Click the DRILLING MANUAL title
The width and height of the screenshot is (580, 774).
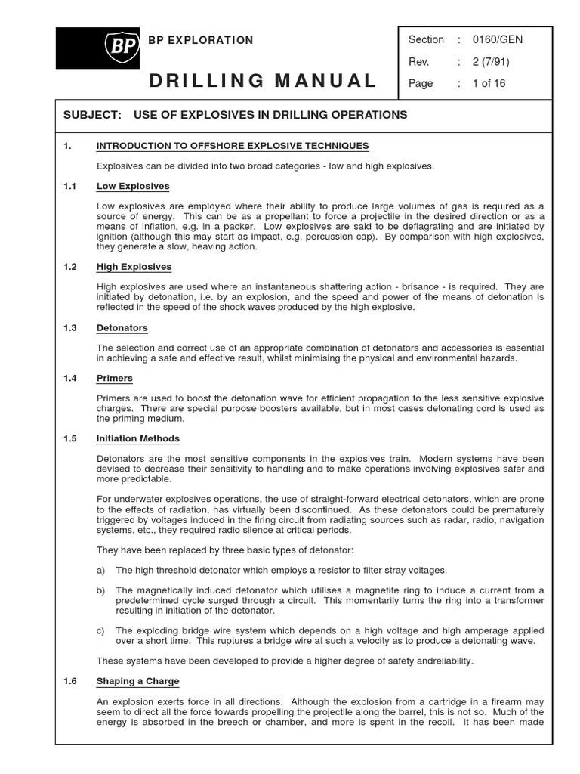click(263, 81)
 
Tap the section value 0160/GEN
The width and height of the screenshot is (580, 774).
click(497, 40)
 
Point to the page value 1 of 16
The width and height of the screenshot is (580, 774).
click(489, 84)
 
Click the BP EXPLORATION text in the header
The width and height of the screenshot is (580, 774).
click(200, 40)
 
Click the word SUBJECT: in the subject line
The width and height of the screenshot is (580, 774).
click(92, 115)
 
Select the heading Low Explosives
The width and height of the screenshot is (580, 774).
click(133, 186)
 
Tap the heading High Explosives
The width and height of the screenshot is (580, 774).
click(134, 267)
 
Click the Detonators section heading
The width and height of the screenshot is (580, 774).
click(122, 328)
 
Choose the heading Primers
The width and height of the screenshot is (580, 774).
click(115, 378)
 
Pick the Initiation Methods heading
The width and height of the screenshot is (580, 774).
click(138, 438)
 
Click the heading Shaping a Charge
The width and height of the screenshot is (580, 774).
click(138, 681)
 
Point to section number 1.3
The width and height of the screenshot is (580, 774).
click(70, 328)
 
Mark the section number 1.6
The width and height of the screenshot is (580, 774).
click(70, 681)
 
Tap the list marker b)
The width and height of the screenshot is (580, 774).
click(101, 590)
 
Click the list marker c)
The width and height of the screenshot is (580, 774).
click(101, 631)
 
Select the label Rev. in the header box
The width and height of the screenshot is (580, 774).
click(419, 62)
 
